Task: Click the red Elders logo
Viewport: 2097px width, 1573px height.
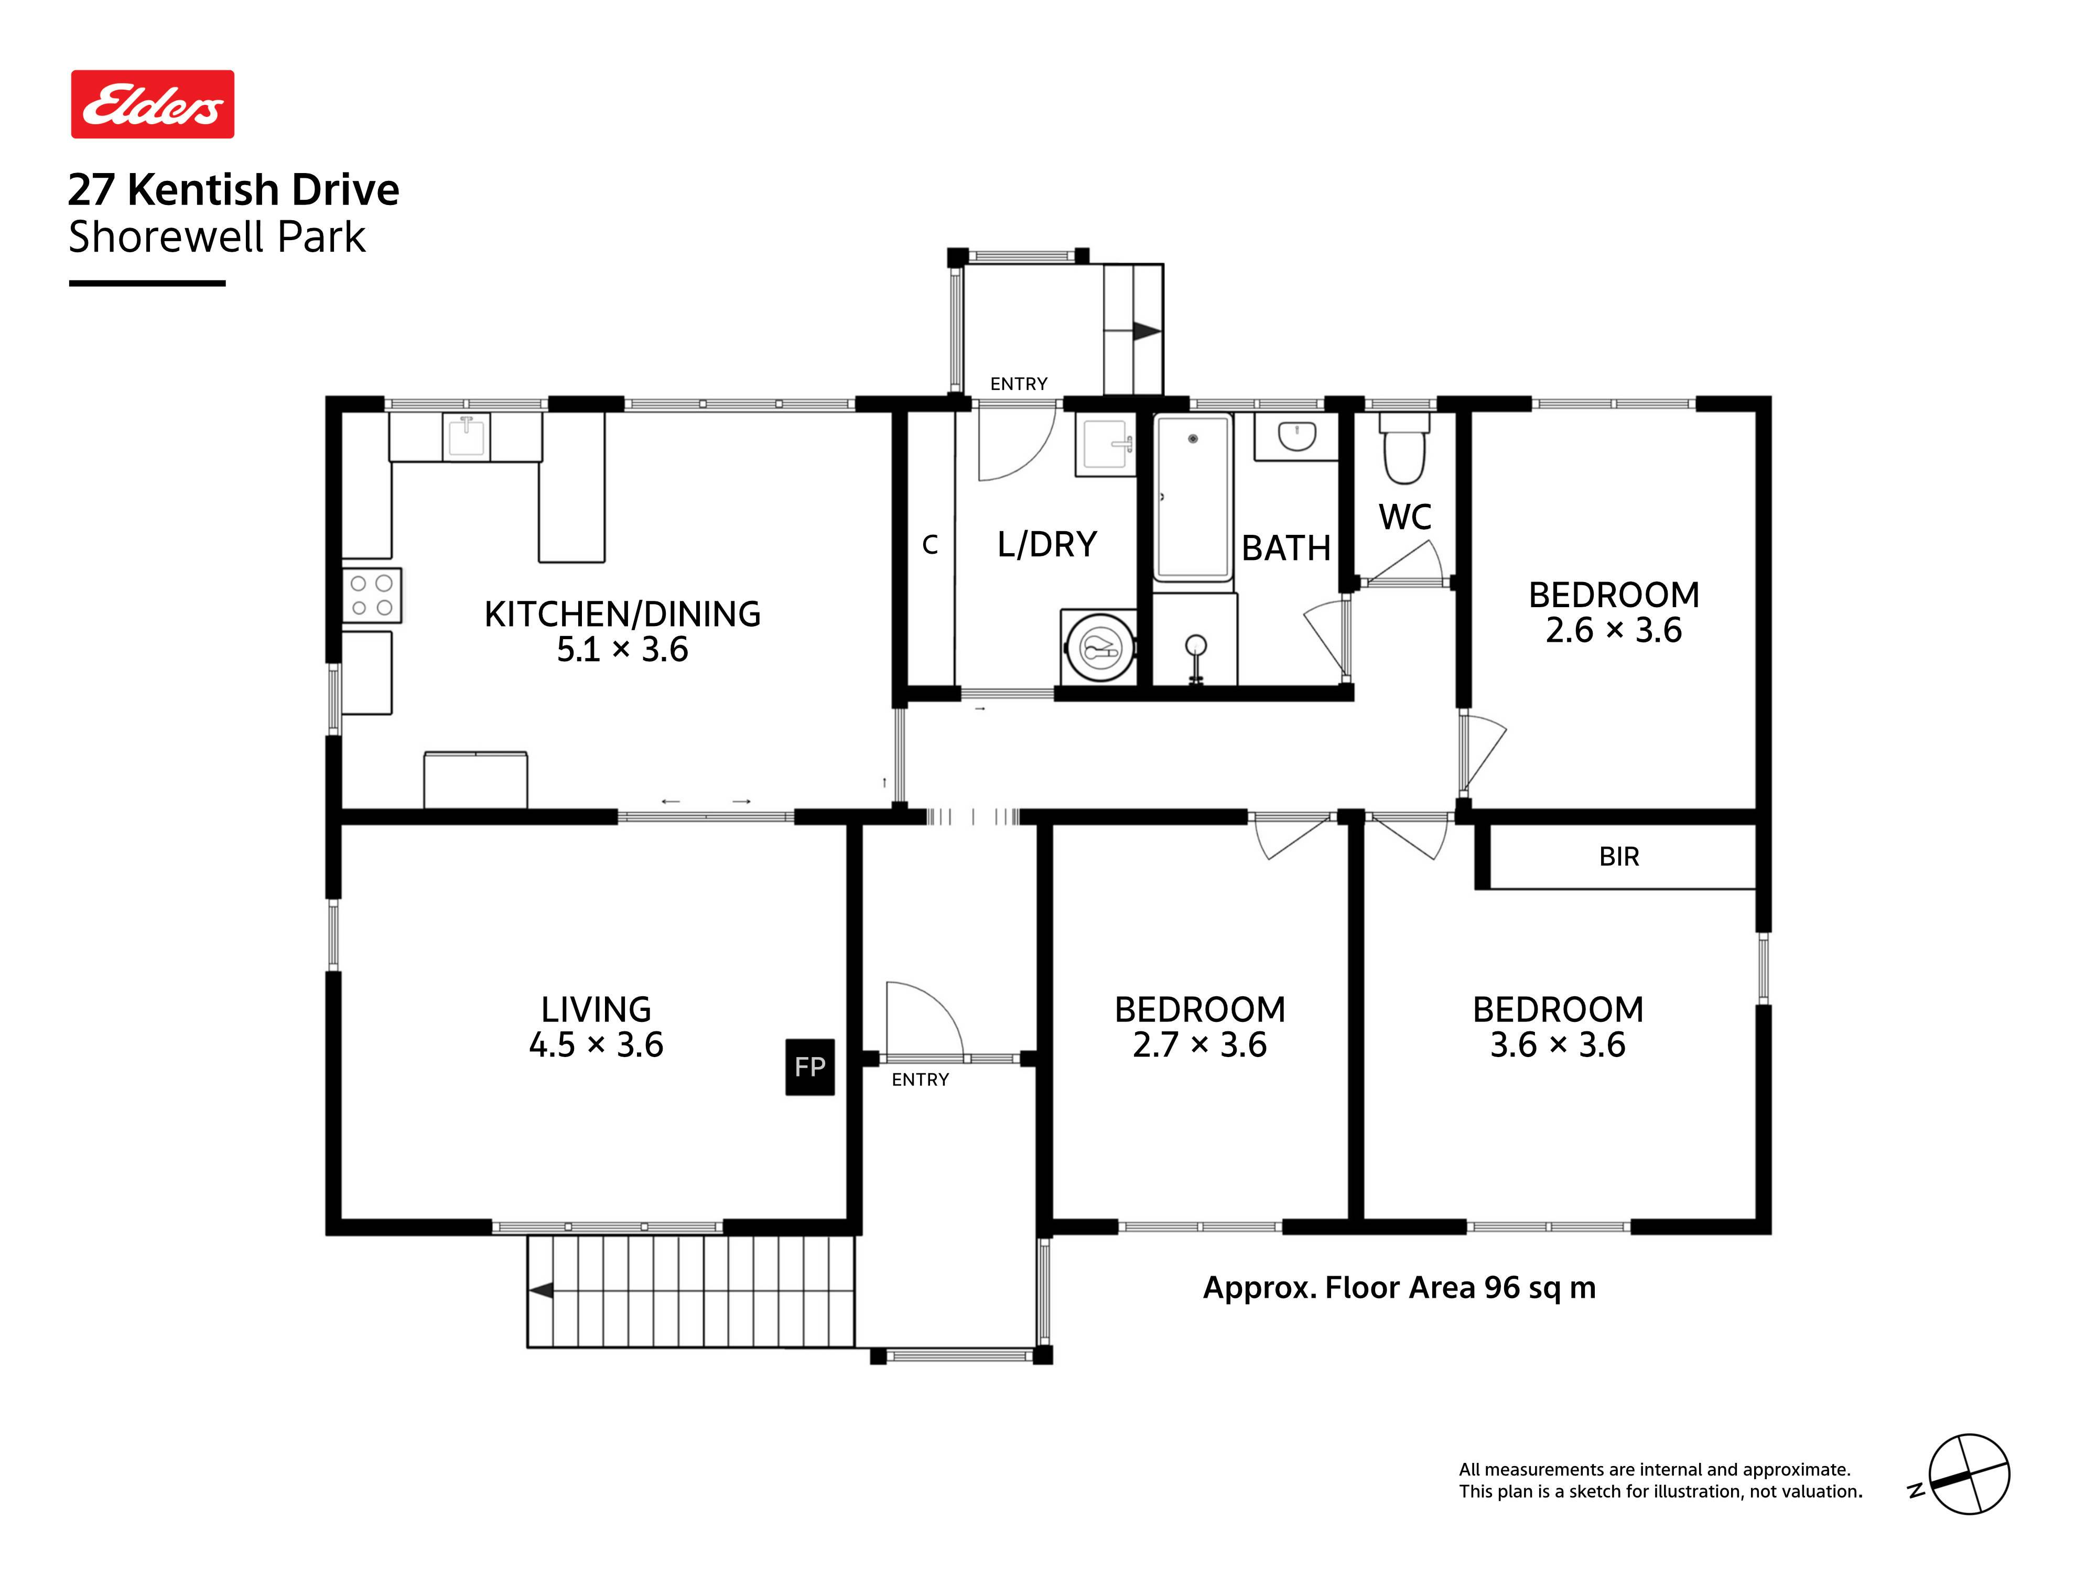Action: click(x=153, y=104)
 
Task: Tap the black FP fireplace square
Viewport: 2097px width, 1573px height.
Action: click(x=809, y=1066)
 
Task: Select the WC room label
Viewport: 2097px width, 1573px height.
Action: click(x=1405, y=518)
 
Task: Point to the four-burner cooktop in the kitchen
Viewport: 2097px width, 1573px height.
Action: click(x=372, y=596)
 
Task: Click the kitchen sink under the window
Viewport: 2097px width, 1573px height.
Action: click(x=466, y=436)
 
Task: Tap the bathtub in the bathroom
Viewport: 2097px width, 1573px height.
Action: click(x=1193, y=497)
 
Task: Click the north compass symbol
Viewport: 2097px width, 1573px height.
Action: click(x=1968, y=1474)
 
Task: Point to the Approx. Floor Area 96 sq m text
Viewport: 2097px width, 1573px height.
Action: click(x=1399, y=1288)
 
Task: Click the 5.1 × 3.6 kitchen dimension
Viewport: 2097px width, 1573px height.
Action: click(x=622, y=650)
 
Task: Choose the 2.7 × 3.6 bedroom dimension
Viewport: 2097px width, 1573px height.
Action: click(x=1199, y=1045)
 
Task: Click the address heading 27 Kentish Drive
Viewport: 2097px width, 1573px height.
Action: click(x=233, y=190)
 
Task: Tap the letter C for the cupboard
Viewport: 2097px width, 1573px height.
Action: click(x=930, y=545)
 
